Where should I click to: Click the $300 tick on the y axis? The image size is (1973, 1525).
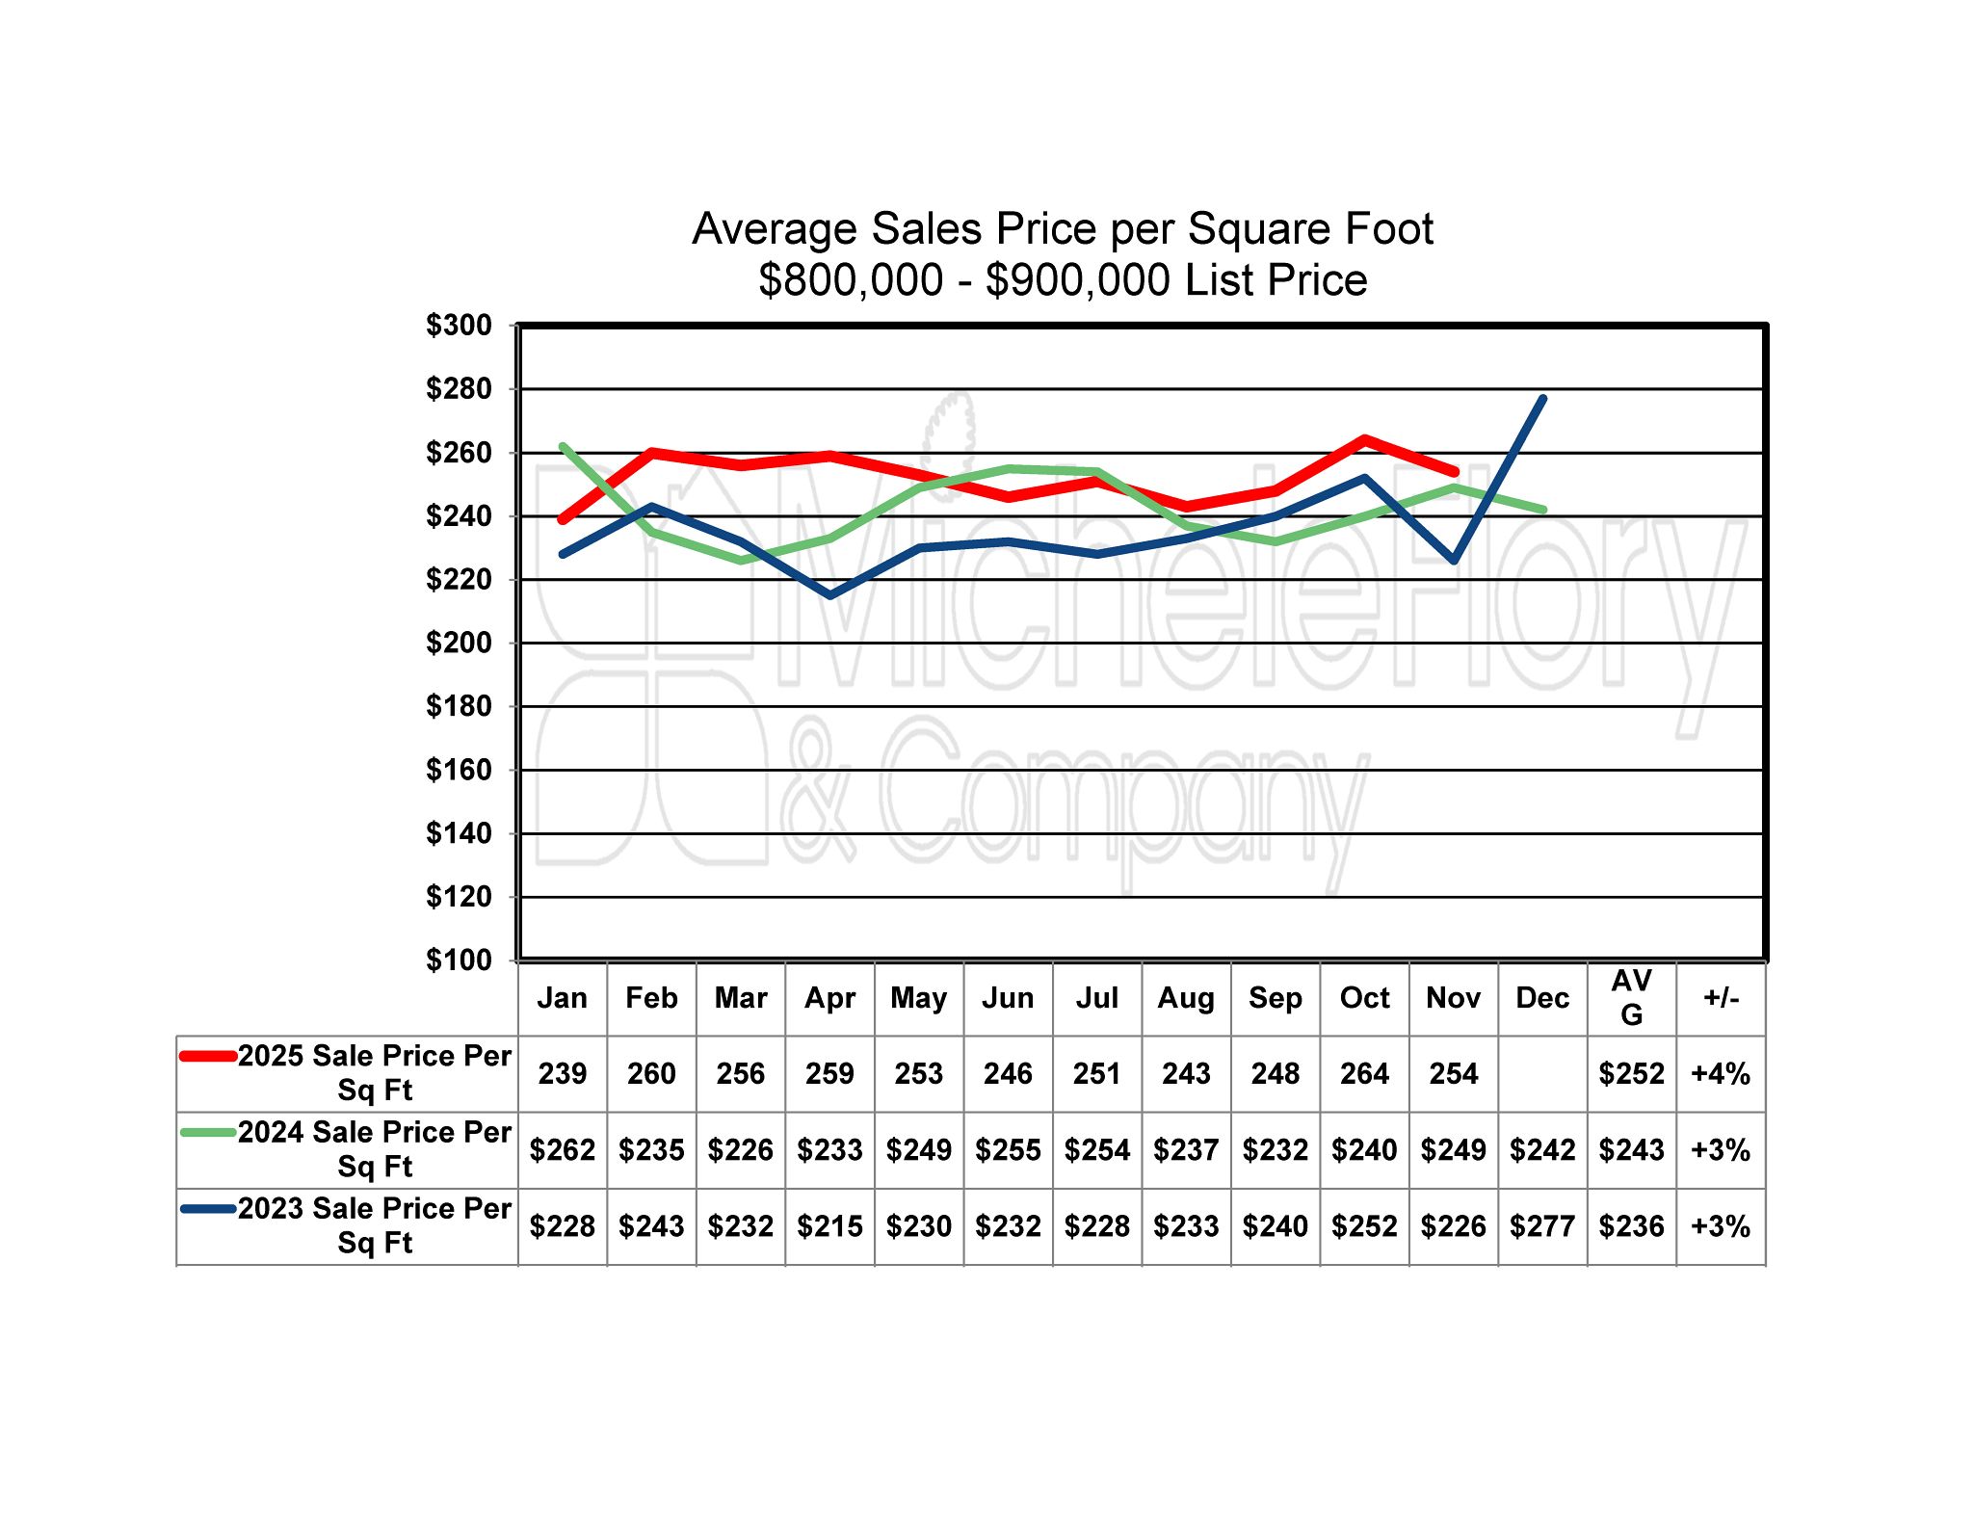coord(459,326)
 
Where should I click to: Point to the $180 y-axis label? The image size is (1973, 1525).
coord(459,706)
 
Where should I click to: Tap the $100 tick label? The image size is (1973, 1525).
coord(459,960)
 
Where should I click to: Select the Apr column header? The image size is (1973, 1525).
coord(829,998)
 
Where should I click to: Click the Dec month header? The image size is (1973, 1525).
coord(1542,998)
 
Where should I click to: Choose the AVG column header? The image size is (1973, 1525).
coord(1631,998)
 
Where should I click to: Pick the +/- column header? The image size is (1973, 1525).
coord(1721,998)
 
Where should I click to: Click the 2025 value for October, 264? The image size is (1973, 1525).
coord(1364,1073)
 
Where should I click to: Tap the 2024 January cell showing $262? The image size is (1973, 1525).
coord(562,1149)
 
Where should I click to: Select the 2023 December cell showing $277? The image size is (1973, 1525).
coord(1542,1225)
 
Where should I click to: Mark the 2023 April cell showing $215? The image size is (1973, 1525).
coord(829,1225)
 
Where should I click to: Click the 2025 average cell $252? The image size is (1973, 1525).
coord(1631,1073)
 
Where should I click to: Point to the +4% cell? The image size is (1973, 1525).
coord(1721,1073)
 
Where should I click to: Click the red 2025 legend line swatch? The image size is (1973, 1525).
coord(208,1056)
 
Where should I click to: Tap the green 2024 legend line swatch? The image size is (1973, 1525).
coord(208,1132)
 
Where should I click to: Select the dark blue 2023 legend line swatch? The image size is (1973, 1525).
coord(208,1208)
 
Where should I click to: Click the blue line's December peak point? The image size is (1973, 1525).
coord(1542,398)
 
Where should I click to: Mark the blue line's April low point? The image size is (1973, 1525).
coord(829,595)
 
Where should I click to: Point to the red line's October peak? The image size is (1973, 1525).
coord(1364,439)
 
